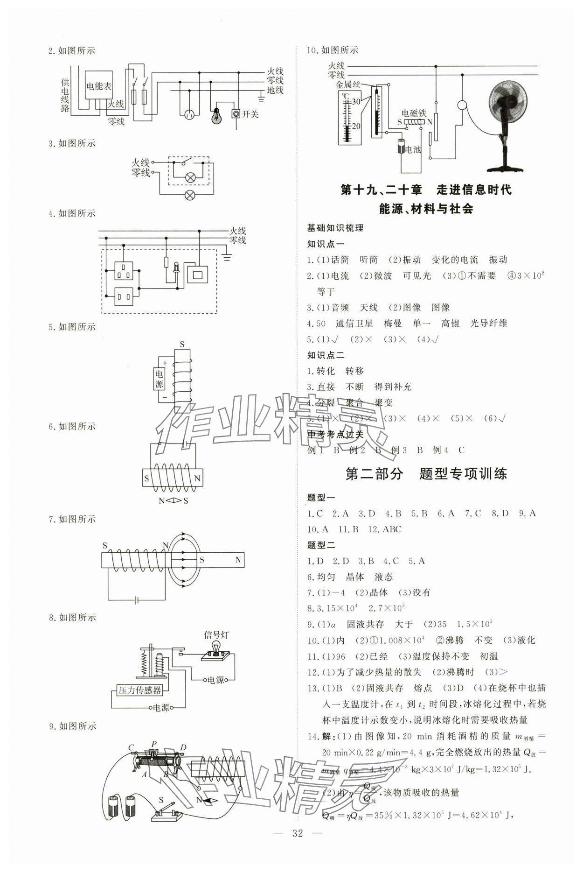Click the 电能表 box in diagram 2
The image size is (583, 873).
(98, 86)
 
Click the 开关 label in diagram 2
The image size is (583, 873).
(250, 114)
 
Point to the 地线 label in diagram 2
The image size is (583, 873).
(275, 90)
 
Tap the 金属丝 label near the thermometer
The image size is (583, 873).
(348, 84)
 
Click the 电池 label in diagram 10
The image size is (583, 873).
(413, 149)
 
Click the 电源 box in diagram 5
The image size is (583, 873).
(160, 379)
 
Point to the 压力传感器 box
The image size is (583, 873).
(139, 690)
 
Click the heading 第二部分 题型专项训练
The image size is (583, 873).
(426, 474)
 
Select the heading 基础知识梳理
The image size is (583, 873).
(335, 228)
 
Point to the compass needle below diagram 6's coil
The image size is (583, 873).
(173, 501)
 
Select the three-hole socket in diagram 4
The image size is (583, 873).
(124, 270)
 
